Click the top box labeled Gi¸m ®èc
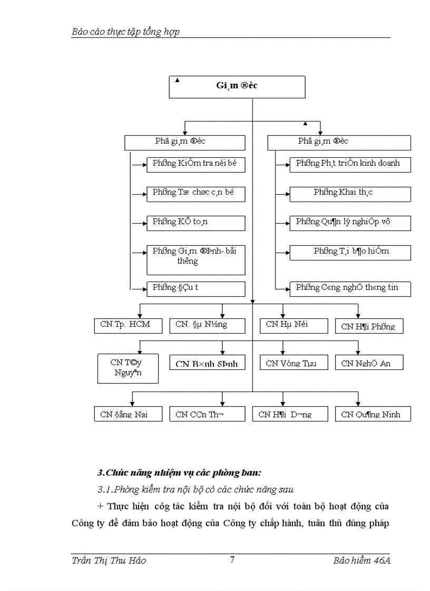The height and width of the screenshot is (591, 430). coord(237,87)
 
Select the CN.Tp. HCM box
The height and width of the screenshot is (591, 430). coord(125,325)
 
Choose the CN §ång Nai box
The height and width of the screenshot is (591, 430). coord(125,414)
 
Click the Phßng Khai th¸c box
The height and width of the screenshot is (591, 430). coord(350,193)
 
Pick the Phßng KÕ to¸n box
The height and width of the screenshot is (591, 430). coord(196,223)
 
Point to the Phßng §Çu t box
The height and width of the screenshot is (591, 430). coord(196,288)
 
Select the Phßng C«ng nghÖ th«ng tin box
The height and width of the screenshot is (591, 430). coord(350,288)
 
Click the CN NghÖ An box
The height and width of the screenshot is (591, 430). coord(373,363)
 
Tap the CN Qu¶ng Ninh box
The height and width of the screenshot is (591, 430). coord(373,414)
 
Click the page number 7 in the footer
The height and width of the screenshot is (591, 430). coord(232,559)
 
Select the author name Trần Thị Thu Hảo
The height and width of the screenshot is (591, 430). coord(109,560)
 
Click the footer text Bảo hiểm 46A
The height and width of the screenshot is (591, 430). coord(361,560)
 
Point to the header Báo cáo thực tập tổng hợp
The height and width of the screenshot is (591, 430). coord(125,32)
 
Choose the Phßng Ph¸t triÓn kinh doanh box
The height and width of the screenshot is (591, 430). coord(350,164)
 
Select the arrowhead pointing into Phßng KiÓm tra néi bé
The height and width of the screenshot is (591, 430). coord(144,165)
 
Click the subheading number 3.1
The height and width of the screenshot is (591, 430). coord(105,489)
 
